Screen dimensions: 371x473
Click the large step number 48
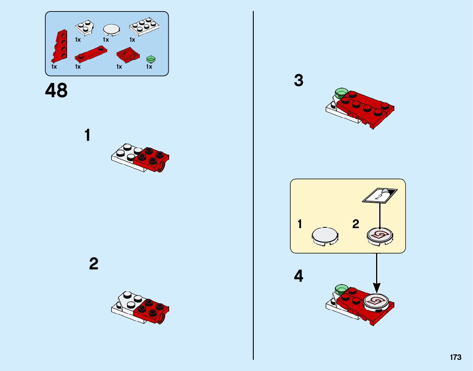(x=56, y=91)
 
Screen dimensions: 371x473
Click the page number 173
(x=456, y=357)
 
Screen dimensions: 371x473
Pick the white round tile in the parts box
(x=112, y=30)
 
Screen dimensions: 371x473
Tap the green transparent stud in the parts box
(x=151, y=59)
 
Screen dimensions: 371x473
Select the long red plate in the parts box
(x=92, y=54)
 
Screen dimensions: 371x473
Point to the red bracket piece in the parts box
(x=127, y=55)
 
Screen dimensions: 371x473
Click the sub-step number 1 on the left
(x=87, y=136)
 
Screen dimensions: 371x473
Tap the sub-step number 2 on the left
(x=93, y=264)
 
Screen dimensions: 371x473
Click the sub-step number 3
(x=298, y=81)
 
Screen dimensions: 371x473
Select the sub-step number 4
(x=298, y=276)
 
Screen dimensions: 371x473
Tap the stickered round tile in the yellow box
(x=379, y=235)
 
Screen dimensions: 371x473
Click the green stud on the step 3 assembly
(x=341, y=94)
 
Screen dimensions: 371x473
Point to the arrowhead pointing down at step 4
(x=376, y=287)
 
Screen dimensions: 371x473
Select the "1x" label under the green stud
(x=149, y=67)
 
